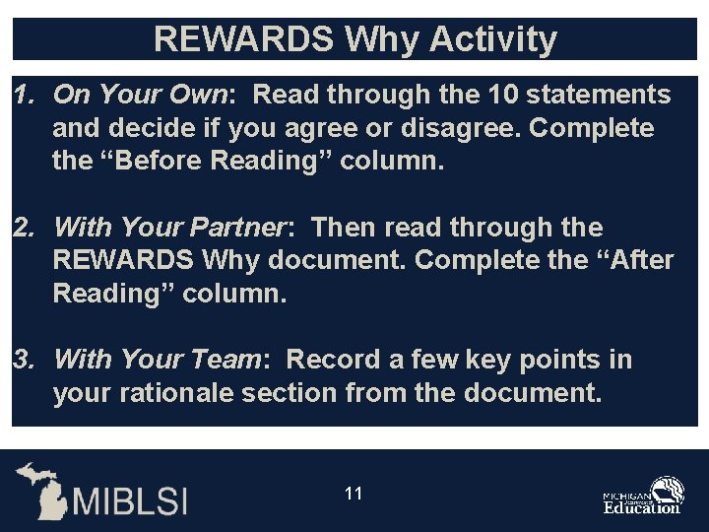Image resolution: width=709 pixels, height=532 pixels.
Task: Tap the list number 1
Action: point(22,95)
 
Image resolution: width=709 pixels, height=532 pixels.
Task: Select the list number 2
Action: point(22,228)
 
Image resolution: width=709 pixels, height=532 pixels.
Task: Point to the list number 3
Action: point(22,360)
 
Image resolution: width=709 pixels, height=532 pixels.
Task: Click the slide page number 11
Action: point(354,493)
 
